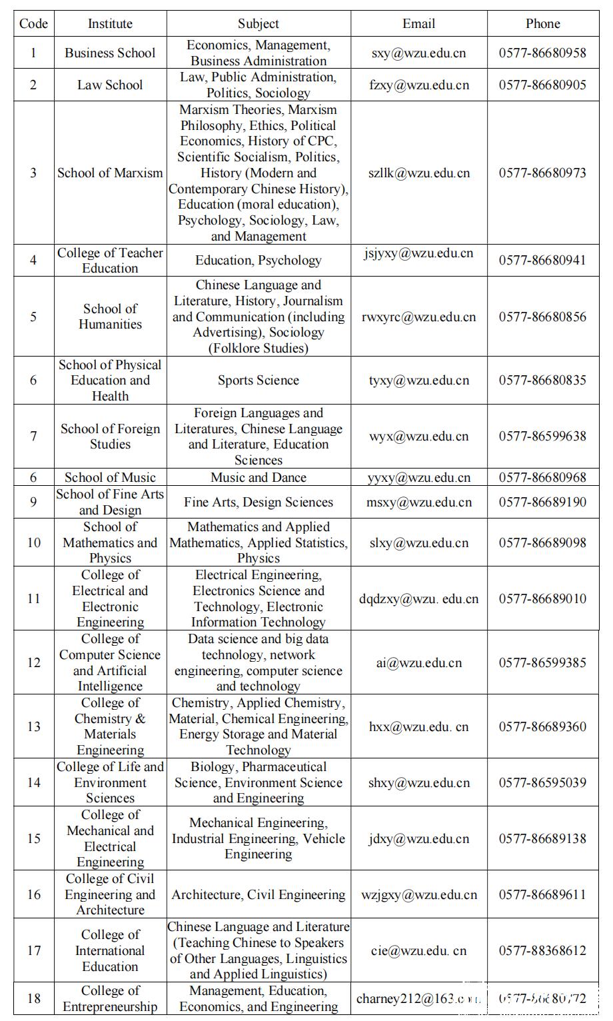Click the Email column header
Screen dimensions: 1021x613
(x=418, y=24)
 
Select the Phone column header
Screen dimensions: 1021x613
(x=542, y=24)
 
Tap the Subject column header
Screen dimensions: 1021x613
(x=259, y=24)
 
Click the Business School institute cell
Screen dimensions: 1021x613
(x=110, y=53)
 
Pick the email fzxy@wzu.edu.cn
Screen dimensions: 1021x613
(x=418, y=85)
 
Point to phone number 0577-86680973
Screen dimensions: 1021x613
(x=542, y=173)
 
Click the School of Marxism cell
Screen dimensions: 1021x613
(x=110, y=173)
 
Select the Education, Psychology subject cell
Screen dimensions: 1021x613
(x=259, y=261)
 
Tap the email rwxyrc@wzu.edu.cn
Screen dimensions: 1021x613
(x=418, y=317)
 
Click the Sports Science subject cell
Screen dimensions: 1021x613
(x=259, y=381)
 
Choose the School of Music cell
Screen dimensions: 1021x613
(x=110, y=478)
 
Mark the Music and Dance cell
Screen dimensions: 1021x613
(x=259, y=478)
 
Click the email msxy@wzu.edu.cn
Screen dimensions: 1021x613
(x=418, y=503)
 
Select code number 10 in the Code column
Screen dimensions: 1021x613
(x=34, y=542)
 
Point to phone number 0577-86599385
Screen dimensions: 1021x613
(x=542, y=663)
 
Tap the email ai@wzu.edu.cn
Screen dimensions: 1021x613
(x=418, y=663)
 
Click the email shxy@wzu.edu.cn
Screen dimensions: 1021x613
(x=418, y=783)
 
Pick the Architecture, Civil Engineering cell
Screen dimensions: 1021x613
(x=259, y=895)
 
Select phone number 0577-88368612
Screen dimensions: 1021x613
(x=542, y=951)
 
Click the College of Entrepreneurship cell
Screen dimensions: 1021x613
(x=110, y=999)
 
